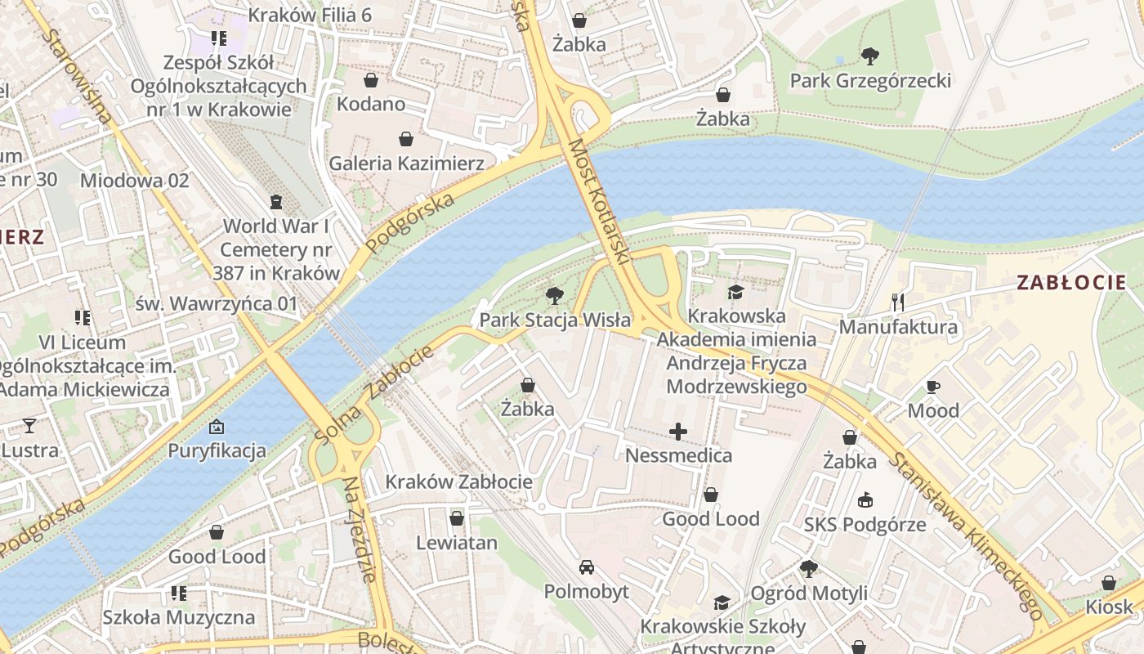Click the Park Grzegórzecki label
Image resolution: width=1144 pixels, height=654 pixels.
[870, 81]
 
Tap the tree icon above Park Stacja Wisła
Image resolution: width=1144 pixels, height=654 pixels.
[555, 296]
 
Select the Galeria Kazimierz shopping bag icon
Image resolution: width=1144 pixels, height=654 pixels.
[405, 139]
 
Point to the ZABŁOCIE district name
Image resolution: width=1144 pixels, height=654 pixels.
[1071, 284]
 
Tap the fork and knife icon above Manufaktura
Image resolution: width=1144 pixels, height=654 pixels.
[897, 302]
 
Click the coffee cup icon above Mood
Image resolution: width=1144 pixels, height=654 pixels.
[933, 387]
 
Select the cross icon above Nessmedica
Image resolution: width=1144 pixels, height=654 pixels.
[678, 432]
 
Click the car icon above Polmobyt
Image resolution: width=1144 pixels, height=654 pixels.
[587, 567]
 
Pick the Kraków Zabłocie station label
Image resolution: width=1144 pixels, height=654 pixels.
[458, 482]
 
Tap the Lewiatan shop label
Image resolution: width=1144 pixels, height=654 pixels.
[457, 543]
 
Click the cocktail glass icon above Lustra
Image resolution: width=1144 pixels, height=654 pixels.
[29, 425]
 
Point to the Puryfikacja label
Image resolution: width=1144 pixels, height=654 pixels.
[217, 450]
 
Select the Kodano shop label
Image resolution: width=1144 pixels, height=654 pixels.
[371, 104]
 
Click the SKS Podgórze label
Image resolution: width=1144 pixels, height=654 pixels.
[865, 524]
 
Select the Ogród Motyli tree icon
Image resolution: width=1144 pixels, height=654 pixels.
[808, 568]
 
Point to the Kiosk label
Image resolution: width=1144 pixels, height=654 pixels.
[1109, 607]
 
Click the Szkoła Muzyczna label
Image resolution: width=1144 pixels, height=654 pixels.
[178, 617]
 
